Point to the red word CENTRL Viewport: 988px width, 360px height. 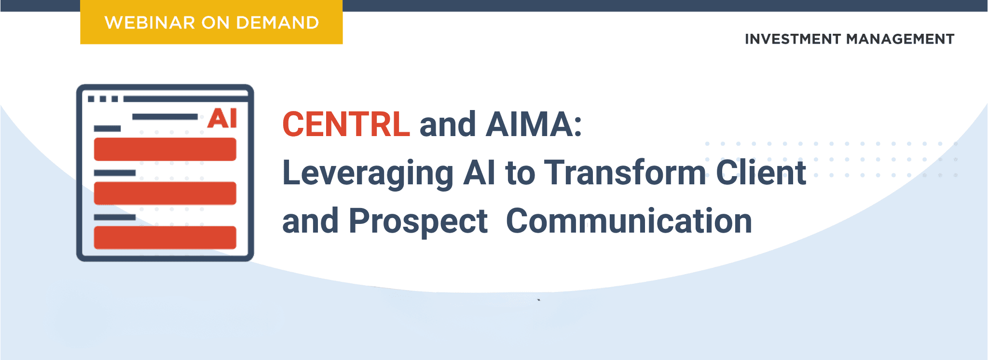[x=346, y=125]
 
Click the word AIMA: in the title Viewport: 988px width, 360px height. [x=534, y=125]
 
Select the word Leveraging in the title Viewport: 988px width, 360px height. [x=368, y=174]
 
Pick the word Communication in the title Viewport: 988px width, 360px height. [x=629, y=221]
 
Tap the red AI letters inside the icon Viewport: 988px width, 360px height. [x=222, y=118]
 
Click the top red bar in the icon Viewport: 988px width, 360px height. [x=165, y=149]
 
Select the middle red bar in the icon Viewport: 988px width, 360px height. [x=165, y=193]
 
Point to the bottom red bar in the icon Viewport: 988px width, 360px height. [x=165, y=237]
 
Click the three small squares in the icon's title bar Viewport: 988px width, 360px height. [x=103, y=99]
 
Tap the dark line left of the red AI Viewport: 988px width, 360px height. [x=165, y=117]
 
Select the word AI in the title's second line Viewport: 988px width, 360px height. [x=479, y=172]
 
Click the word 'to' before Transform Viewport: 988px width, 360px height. [x=520, y=173]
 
